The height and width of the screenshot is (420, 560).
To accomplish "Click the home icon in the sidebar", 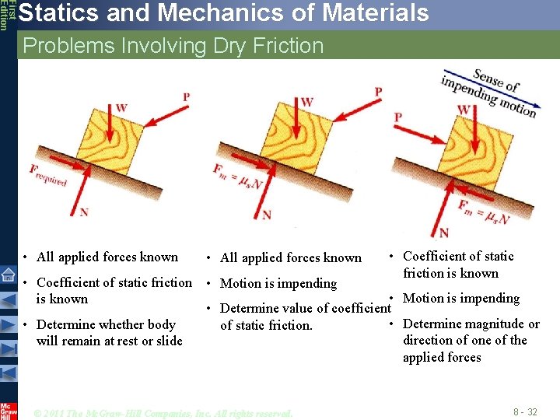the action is [x=8, y=273].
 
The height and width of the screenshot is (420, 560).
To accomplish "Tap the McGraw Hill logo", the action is [x=8, y=410].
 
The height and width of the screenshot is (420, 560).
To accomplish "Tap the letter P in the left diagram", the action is [x=185, y=96].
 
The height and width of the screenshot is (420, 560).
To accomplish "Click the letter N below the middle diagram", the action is [x=267, y=215].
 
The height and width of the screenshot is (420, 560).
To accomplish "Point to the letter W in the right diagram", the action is [x=464, y=110].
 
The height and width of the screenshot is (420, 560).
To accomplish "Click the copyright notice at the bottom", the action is [x=163, y=413].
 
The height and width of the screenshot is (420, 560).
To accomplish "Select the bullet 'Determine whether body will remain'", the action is [x=109, y=332].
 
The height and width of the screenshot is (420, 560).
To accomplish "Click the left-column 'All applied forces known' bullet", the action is [x=107, y=257].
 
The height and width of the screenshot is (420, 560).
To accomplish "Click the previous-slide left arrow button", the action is [x=8, y=299].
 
